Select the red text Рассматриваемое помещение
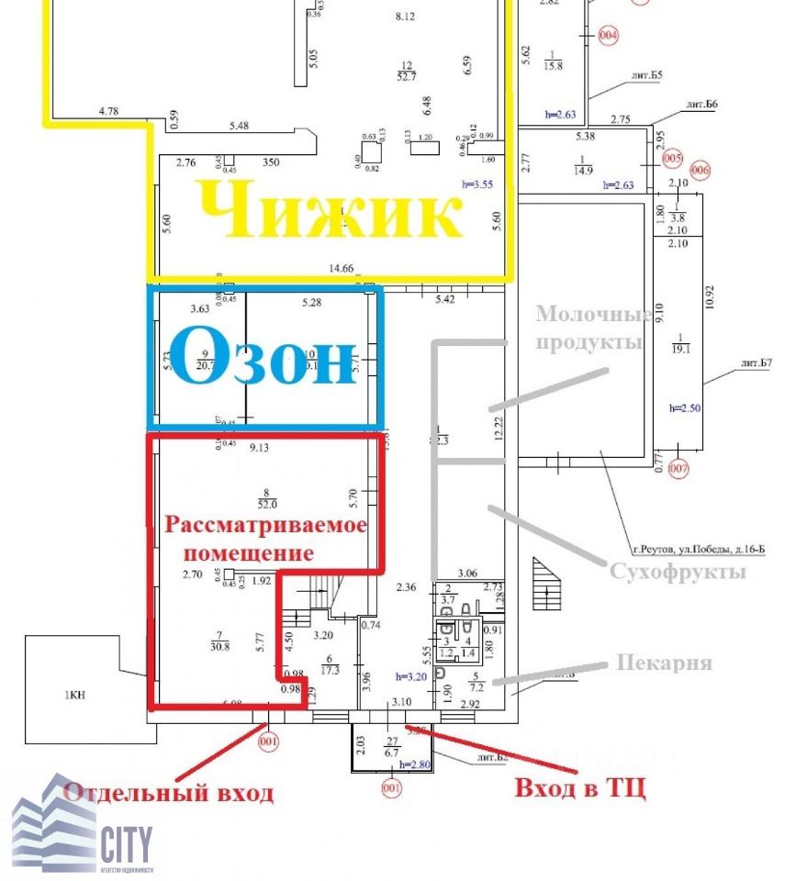click(x=265, y=539)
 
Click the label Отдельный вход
click(x=169, y=793)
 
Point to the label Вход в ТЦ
click(x=579, y=787)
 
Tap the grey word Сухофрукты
click(x=678, y=571)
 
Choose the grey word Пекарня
click(x=664, y=662)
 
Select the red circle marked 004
click(x=608, y=36)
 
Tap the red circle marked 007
click(x=678, y=470)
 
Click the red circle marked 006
click(x=701, y=169)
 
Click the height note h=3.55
click(x=478, y=184)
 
